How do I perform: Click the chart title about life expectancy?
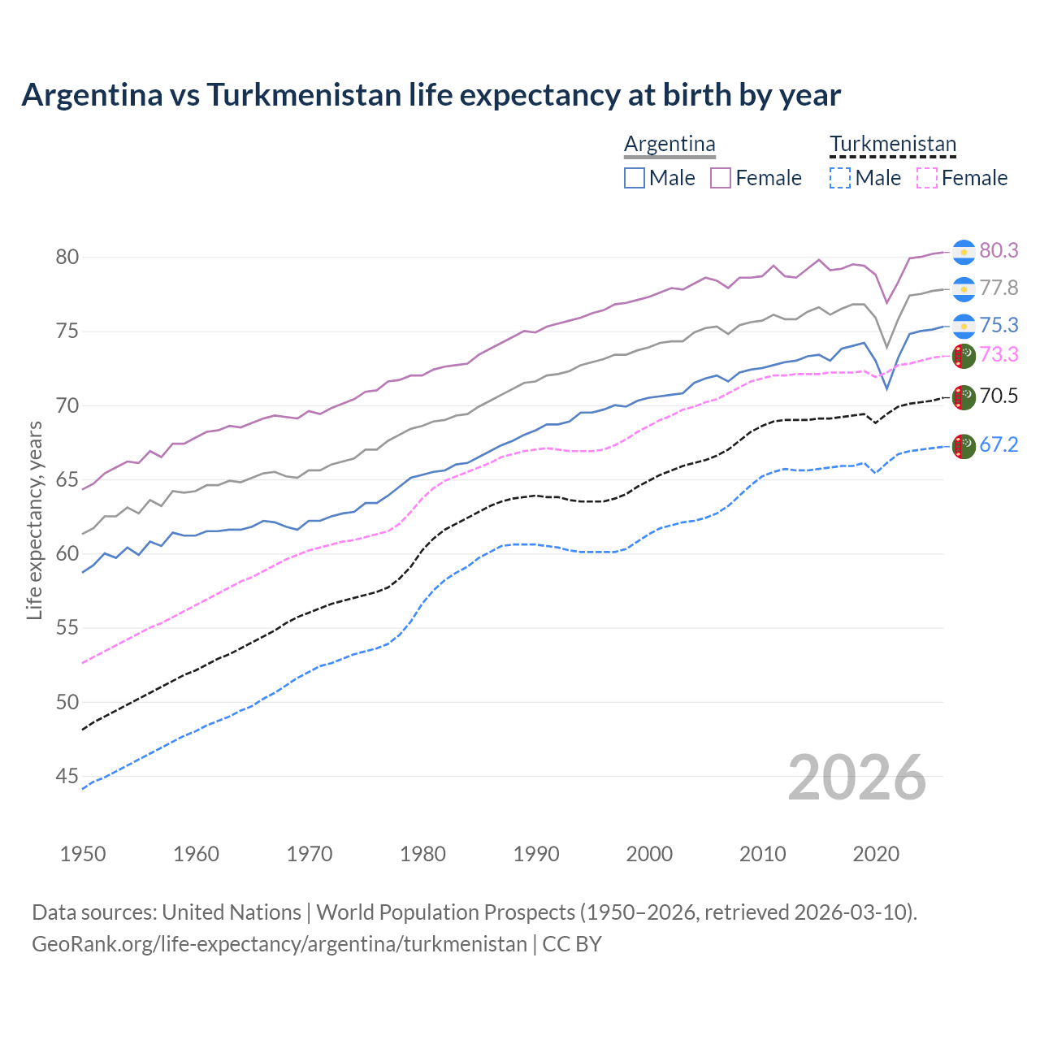click(431, 95)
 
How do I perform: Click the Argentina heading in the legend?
click(669, 144)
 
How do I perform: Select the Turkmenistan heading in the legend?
click(892, 144)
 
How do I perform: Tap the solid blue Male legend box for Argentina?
click(635, 178)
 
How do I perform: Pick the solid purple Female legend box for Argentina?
click(721, 178)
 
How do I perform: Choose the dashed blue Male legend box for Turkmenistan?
click(840, 178)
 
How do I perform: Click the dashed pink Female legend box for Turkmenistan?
click(926, 178)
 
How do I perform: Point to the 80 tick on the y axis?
click(67, 257)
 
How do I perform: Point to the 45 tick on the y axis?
click(67, 777)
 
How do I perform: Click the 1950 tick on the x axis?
click(83, 854)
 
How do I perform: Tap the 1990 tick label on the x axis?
click(536, 854)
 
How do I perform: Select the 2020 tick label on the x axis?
click(876, 854)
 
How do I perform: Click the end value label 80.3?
click(999, 250)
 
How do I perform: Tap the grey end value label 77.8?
click(999, 288)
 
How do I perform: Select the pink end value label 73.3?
click(999, 354)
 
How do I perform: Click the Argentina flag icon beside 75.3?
click(964, 326)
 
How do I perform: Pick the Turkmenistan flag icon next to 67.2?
click(964, 446)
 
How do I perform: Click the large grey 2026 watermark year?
click(856, 778)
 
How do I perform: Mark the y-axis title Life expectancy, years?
click(34, 520)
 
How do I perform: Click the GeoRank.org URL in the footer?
click(279, 944)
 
